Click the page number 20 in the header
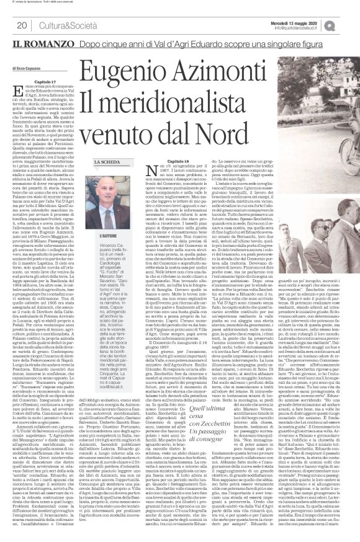tap(21, 25)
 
